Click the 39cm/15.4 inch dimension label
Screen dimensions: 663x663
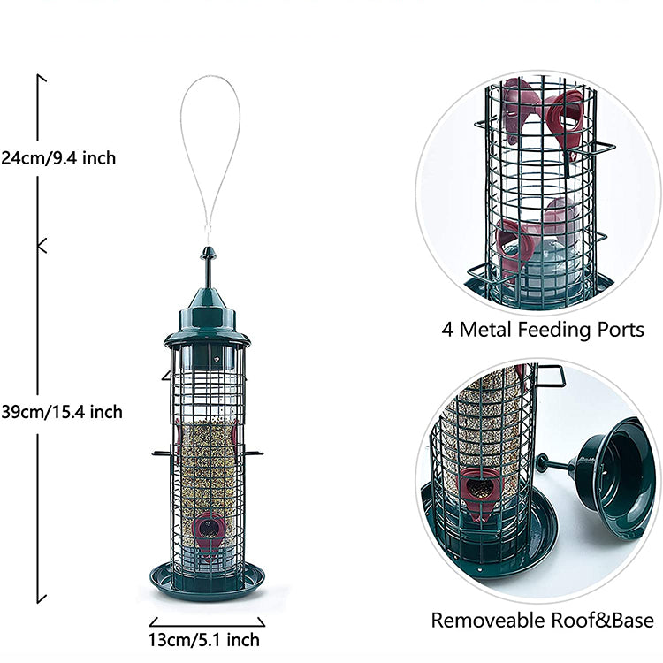click(x=73, y=412)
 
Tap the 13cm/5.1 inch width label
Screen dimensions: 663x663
click(x=203, y=639)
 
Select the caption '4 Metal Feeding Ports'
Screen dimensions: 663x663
click(x=543, y=330)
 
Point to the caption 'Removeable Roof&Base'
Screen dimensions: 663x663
click(x=542, y=620)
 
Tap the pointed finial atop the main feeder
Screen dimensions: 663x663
click(x=209, y=263)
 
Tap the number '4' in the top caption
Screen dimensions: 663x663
click(x=447, y=330)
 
